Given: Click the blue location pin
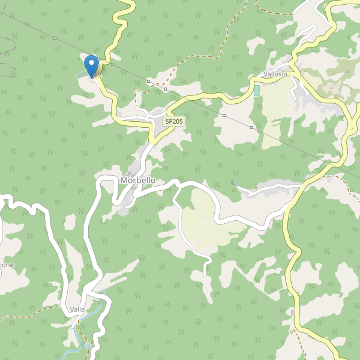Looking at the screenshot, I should [x=91, y=65].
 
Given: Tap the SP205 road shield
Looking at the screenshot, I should [x=175, y=121].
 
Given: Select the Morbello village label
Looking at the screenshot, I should [x=138, y=180].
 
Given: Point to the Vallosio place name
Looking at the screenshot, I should [x=275, y=74].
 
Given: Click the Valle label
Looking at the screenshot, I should [x=77, y=309].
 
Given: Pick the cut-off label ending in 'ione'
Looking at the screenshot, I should [x=7, y=265].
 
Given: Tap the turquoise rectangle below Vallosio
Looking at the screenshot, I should [x=257, y=90].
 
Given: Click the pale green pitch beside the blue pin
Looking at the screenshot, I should [x=81, y=74].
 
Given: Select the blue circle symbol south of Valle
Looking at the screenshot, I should [x=88, y=346].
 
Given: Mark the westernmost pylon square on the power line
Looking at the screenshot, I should [x=55, y=38].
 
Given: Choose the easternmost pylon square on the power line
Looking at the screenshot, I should [x=252, y=127].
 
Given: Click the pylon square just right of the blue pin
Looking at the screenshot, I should [x=112, y=64].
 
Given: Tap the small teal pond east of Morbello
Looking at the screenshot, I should [x=233, y=182].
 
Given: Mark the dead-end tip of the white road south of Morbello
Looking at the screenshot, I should [x=205, y=275].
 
